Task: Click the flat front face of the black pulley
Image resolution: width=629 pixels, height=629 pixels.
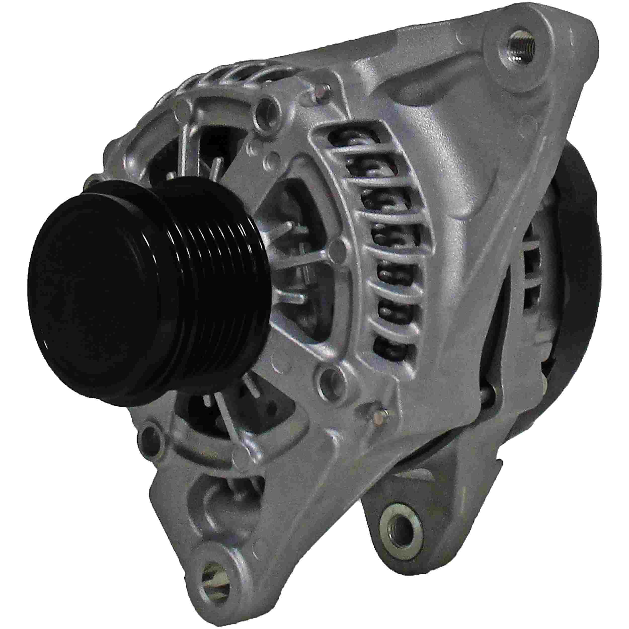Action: point(98,293)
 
